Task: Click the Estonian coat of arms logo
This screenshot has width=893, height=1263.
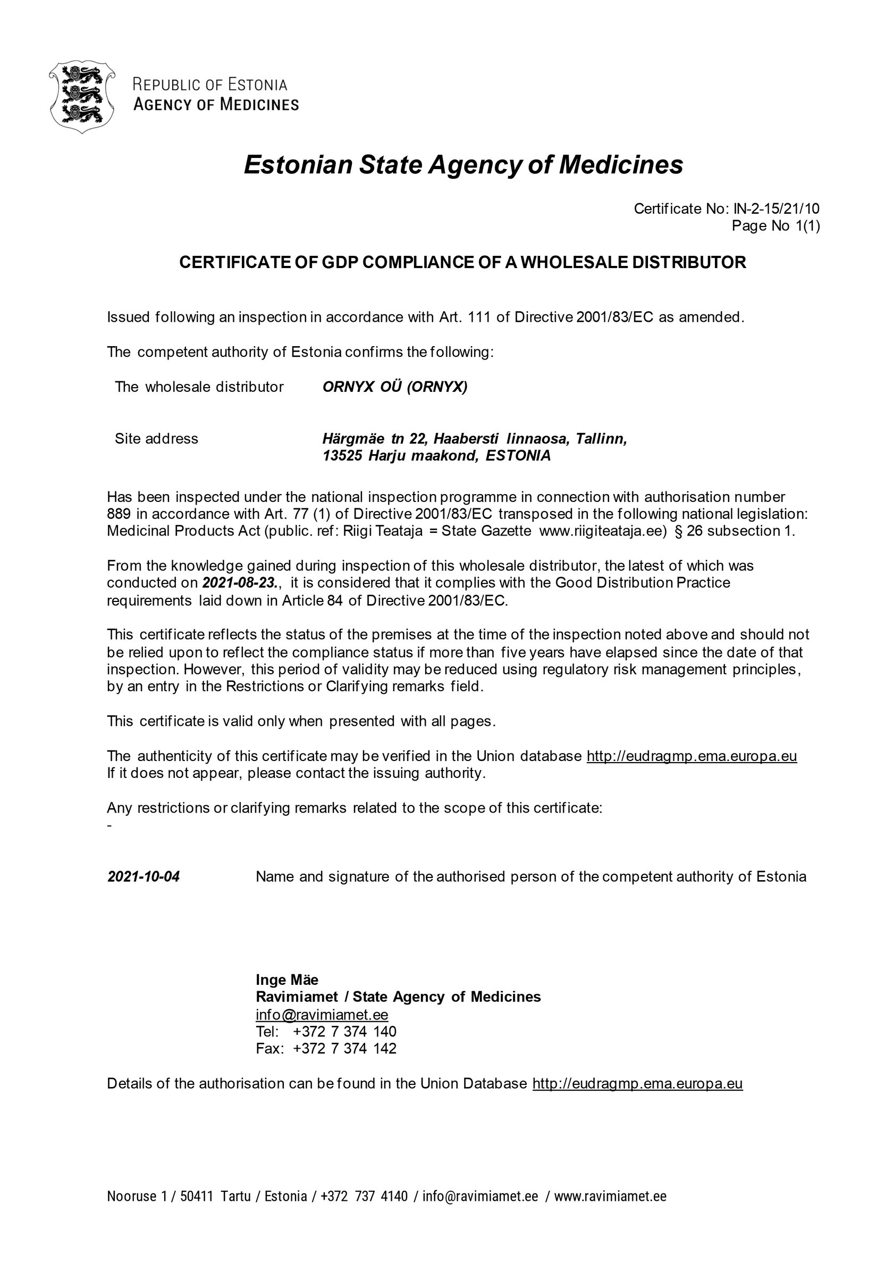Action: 81,97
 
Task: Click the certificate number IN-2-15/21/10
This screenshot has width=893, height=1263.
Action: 776,208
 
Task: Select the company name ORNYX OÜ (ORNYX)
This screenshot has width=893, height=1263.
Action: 395,387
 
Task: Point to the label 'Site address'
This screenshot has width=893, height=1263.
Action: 156,438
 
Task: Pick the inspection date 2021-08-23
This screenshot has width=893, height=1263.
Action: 239,582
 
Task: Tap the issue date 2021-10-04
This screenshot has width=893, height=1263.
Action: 144,876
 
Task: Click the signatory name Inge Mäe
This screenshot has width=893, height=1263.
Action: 287,980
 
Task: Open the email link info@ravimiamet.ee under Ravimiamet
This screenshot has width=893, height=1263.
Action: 322,1014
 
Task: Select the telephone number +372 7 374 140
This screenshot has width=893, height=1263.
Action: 345,1032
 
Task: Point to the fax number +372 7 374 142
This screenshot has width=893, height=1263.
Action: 345,1049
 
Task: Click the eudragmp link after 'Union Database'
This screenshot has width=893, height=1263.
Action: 637,1084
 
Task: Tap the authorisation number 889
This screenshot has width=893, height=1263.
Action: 119,514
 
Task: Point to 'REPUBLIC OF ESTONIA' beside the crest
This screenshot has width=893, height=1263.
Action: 210,85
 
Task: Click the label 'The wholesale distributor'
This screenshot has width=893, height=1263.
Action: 199,387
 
